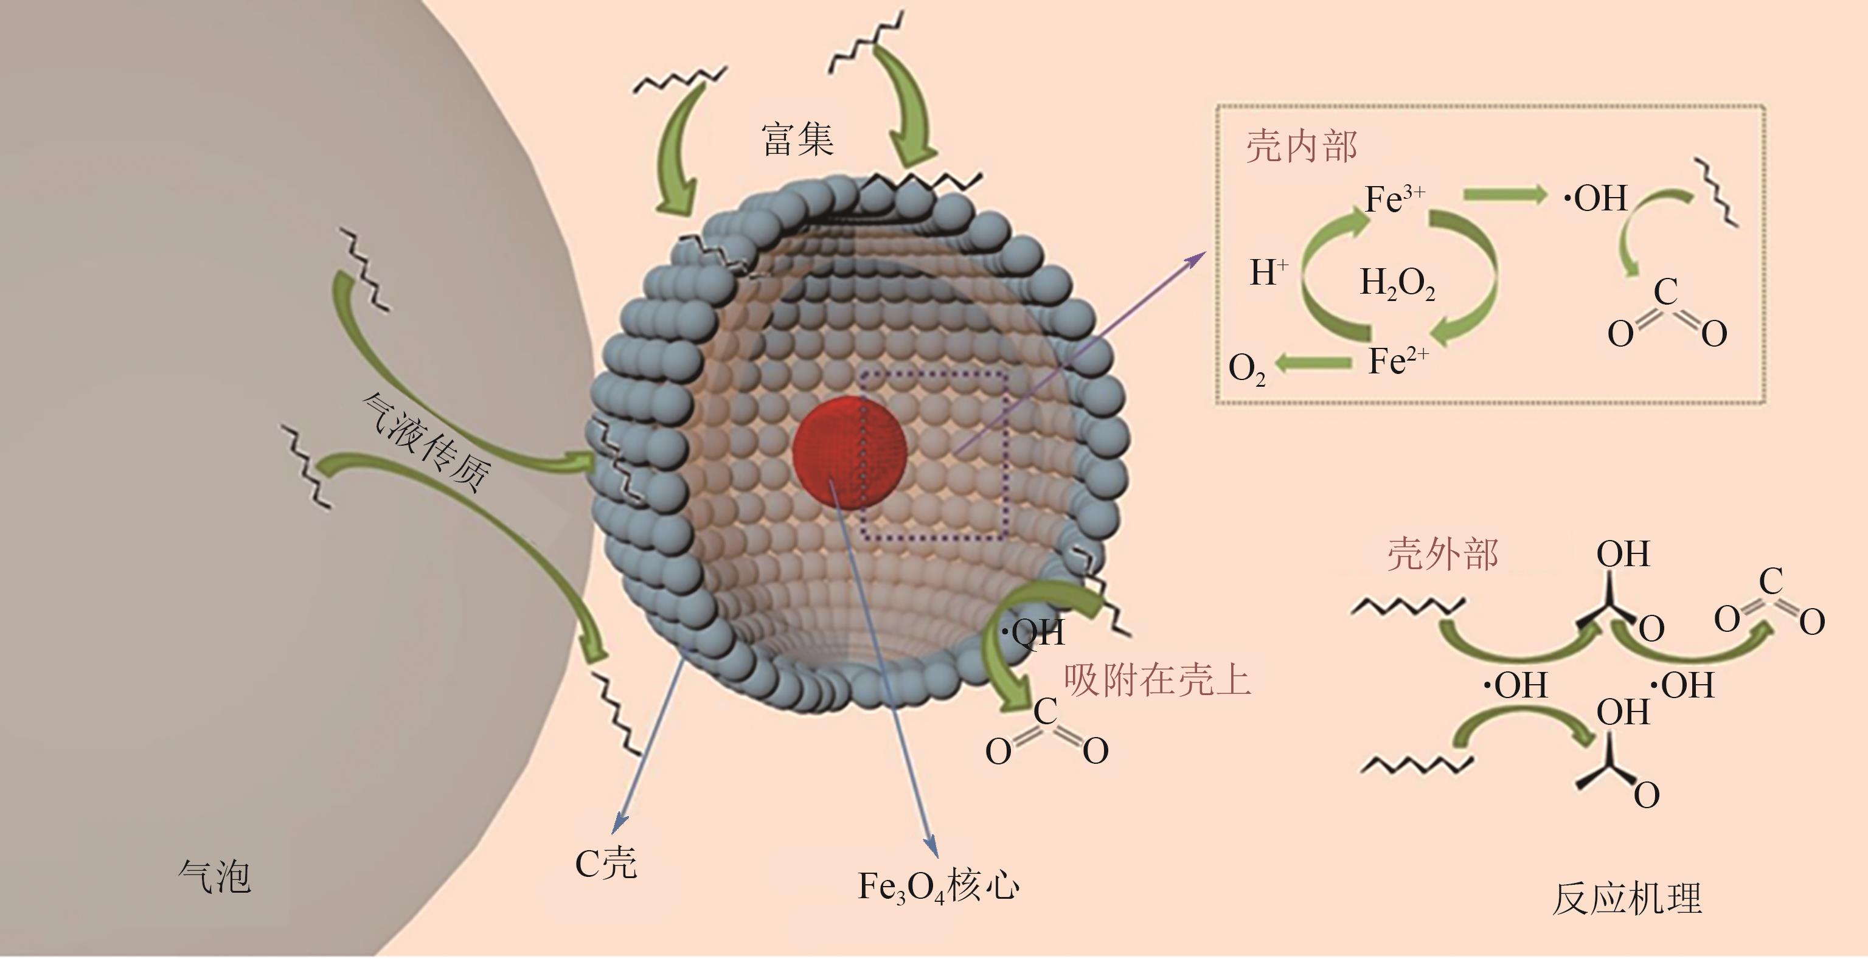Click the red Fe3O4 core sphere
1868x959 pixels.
[849, 452]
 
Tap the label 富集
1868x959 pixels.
[797, 139]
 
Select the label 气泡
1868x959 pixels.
[215, 877]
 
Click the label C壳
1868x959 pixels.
[605, 862]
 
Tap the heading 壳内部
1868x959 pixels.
[1301, 147]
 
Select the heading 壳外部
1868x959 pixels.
[1442, 555]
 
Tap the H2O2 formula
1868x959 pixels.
[1397, 283]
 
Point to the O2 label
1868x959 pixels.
[1246, 369]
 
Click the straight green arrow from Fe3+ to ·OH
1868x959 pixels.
[1505, 194]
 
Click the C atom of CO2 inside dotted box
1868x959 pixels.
[1665, 292]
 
